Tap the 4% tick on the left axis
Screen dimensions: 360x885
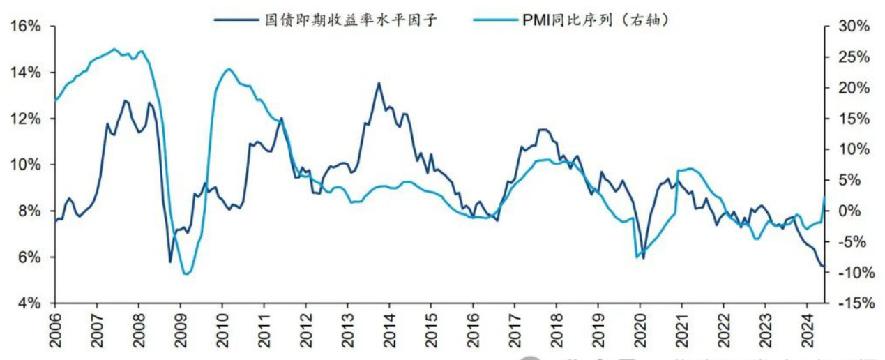pos(30,303)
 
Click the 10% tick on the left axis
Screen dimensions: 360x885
pos(28,165)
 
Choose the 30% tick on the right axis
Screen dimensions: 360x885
pos(850,27)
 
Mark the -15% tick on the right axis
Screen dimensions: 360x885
pos(850,303)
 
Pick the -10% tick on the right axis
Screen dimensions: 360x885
pos(850,273)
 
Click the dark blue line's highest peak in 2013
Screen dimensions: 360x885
pos(379,83)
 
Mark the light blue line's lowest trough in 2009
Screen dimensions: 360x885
pos(185,273)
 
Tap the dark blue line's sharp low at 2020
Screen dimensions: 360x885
pos(643,258)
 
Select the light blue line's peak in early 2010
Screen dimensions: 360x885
pos(229,69)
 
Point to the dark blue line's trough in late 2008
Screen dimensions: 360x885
pos(170,262)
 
